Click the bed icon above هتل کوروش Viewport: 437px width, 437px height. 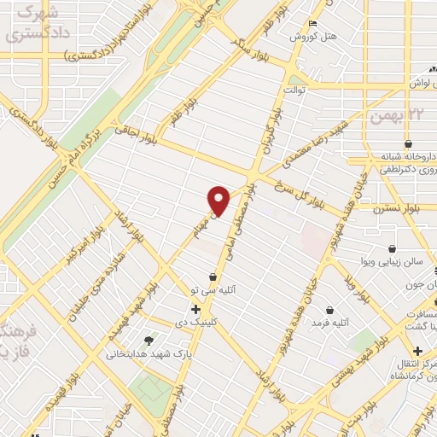point(313,22)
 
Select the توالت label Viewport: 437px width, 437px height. point(294,89)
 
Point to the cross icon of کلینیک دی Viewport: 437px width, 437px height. point(196,308)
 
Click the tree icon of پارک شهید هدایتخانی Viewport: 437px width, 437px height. point(150,340)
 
